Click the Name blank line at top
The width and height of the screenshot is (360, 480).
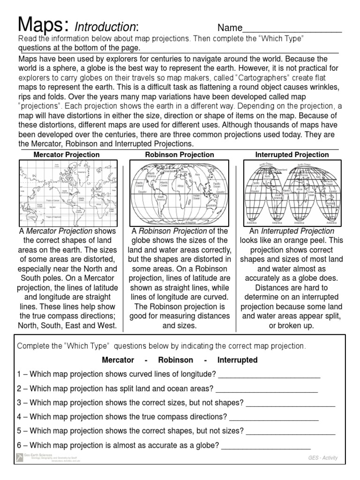tap(292, 31)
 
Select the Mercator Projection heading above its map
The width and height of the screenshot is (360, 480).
tap(66, 154)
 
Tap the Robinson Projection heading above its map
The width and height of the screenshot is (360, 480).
tap(180, 154)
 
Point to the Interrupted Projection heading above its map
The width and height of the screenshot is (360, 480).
tap(292, 154)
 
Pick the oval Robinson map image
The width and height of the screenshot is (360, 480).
tap(179, 193)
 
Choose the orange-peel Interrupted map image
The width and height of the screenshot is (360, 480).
tap(292, 193)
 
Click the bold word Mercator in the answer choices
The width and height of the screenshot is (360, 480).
tap(118, 360)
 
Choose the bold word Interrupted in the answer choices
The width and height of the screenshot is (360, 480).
tap(237, 360)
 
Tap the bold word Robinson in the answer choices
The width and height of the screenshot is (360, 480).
tap(175, 360)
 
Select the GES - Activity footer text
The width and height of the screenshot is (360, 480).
tap(323, 458)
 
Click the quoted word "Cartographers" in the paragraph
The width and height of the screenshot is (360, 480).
tap(263, 77)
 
